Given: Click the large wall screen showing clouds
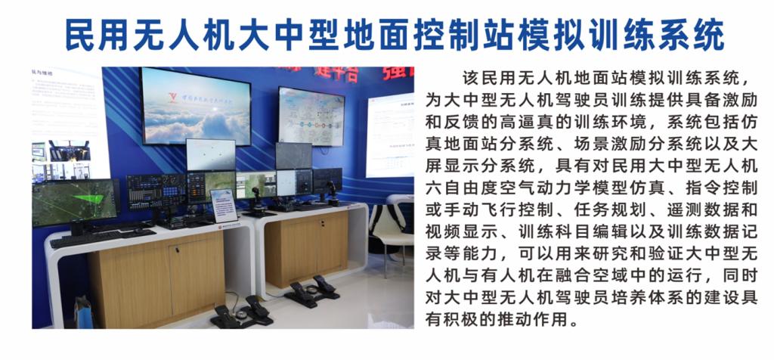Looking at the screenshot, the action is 196,106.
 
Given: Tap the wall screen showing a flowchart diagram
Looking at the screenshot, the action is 311,116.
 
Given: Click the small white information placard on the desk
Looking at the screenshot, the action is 223,205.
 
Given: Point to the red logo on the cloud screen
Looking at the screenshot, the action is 173,98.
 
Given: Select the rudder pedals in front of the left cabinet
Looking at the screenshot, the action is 242,312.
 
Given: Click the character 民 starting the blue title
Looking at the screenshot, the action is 80,35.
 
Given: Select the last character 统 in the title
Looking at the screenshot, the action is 709,35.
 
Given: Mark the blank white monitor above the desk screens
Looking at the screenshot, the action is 211,154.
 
